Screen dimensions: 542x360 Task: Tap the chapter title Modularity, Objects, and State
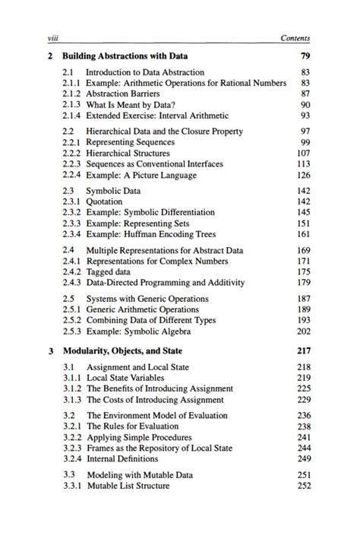click(122, 351)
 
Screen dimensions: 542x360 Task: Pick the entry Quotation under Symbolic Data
click(104, 201)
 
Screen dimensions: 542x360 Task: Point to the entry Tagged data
click(108, 271)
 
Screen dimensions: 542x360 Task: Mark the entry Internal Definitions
click(121, 459)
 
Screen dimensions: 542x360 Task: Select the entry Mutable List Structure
click(128, 487)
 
